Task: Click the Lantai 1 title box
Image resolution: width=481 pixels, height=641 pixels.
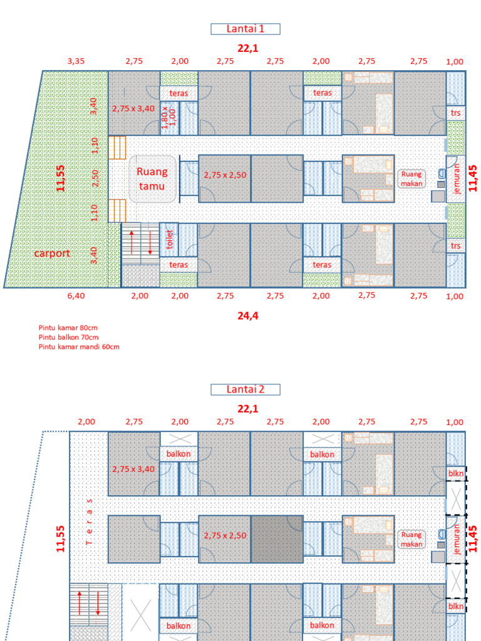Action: [246, 29]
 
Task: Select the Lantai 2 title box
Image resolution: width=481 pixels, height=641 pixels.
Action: [246, 389]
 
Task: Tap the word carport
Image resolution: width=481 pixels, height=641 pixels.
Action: [52, 254]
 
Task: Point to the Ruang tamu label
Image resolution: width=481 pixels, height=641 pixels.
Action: [152, 178]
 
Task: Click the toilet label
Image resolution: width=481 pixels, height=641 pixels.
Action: [169, 239]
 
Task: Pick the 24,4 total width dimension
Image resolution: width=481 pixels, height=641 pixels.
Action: [248, 315]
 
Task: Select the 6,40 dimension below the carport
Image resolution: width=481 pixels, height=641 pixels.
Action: [76, 295]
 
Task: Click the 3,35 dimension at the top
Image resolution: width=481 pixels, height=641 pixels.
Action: [76, 61]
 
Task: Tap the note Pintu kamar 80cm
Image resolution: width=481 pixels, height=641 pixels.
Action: [68, 327]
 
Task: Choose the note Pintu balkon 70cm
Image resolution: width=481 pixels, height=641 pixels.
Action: [68, 337]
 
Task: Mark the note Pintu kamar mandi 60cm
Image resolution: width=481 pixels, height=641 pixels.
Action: [79, 347]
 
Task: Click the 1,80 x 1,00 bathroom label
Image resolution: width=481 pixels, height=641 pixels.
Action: [168, 118]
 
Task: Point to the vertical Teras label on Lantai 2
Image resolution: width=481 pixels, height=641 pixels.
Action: [90, 521]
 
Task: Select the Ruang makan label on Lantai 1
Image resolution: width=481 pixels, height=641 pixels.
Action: [411, 179]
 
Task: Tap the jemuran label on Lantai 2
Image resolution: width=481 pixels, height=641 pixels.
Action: [457, 539]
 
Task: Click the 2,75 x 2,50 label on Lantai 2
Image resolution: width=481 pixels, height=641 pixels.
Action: [225, 536]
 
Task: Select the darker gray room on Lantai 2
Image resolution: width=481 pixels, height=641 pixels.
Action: [277, 539]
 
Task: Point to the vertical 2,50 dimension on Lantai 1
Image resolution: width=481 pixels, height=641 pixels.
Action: [95, 178]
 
